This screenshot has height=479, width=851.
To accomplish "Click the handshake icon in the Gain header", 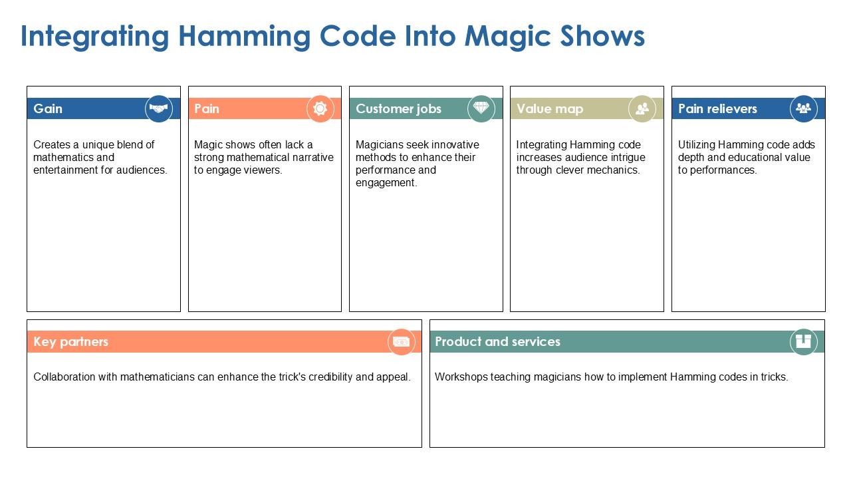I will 159,108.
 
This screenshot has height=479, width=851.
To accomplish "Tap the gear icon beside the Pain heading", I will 320,108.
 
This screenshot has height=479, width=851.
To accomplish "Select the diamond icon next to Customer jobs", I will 481,108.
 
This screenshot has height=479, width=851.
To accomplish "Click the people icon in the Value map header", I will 642,108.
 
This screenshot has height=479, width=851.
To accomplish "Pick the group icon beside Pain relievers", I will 803,108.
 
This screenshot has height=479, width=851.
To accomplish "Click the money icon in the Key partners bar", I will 401,342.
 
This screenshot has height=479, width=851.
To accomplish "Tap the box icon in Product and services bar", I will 803,342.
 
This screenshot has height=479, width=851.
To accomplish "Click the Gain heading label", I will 48,108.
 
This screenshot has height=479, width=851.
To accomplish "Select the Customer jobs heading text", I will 398,108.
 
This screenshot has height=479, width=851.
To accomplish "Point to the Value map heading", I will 549,108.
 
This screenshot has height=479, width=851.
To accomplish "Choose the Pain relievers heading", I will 717,108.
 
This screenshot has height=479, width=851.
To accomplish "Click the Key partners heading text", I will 70,342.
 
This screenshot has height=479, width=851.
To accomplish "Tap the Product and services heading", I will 497,342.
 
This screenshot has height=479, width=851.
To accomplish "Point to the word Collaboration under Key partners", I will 64,377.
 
